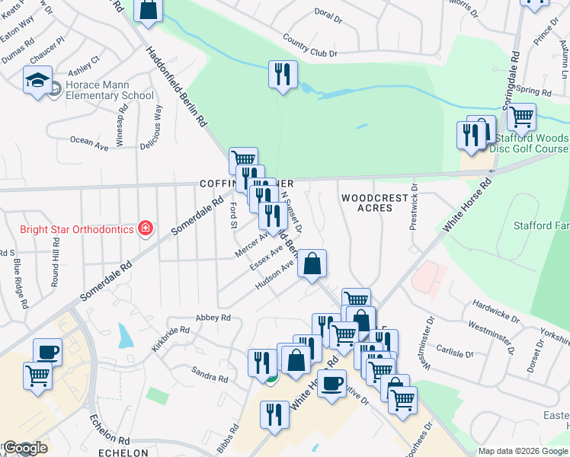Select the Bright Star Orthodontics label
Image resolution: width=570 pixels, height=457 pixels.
coord(75,228)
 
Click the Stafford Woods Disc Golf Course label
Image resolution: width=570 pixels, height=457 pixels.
coord(531,143)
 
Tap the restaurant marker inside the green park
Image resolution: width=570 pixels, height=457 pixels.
coord(283,75)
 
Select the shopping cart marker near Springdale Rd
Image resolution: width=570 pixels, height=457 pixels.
coord(521,117)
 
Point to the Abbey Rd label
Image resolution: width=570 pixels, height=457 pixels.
coord(213,318)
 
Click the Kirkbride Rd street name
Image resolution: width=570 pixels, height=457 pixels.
coord(169,338)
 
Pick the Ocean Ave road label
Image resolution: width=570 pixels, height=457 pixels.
coord(89,141)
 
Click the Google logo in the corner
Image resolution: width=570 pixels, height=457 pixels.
coord(24,448)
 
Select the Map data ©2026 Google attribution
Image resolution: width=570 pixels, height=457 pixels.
coord(523,451)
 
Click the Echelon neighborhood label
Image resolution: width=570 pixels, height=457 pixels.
coord(122,452)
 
